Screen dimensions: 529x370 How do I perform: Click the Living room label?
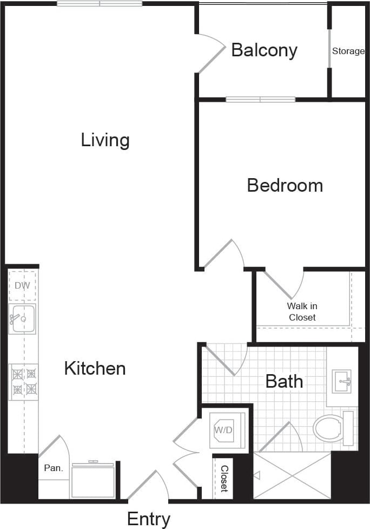(105, 140)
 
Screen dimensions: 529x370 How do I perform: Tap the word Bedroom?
(285, 185)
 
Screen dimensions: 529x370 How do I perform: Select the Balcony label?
(264, 50)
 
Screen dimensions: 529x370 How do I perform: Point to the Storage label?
(348, 51)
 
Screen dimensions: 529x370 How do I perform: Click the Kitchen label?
(95, 369)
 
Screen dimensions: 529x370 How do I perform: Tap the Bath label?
(284, 381)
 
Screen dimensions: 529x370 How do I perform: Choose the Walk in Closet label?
(302, 312)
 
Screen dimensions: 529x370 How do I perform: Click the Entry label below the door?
(149, 519)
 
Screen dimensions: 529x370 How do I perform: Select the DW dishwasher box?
(22, 285)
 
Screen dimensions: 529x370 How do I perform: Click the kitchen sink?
(22, 318)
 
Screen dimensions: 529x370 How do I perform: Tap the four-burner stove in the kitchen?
(23, 381)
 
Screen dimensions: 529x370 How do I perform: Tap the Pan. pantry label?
(53, 468)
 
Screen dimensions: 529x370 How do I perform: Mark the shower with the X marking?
(292, 475)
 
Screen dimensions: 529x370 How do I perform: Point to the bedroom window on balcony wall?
(260, 100)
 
